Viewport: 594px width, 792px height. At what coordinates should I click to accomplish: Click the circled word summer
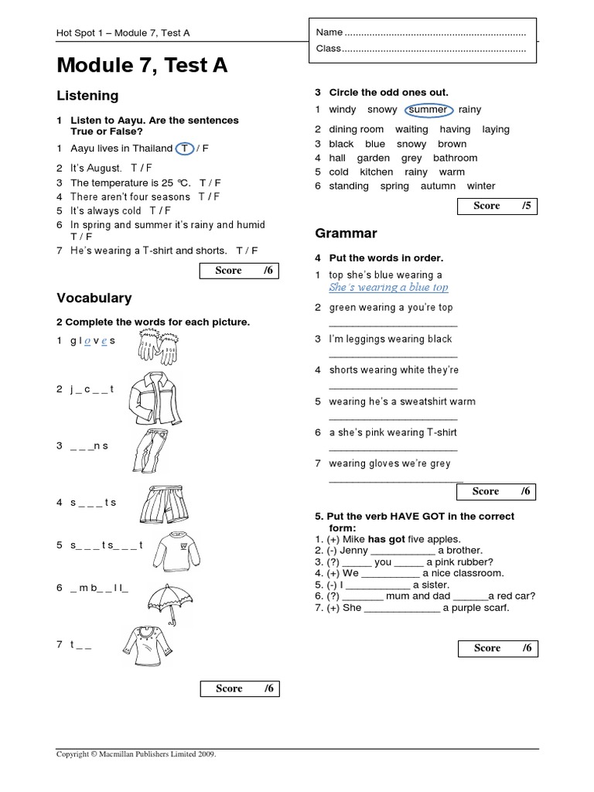pos(428,110)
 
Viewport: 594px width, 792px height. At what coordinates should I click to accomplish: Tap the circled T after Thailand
pos(184,148)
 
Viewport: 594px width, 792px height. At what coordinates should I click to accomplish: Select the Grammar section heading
pos(346,233)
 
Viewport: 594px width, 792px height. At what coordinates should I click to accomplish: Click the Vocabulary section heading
pos(94,298)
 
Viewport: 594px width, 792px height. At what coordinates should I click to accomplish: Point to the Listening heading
pos(87,96)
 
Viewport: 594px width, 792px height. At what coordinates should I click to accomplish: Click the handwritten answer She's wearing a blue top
pos(388,287)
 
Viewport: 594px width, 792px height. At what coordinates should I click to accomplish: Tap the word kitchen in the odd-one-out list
pos(377,172)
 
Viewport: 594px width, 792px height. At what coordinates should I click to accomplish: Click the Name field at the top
pos(422,32)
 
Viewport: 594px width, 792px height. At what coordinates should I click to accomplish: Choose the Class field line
pos(422,49)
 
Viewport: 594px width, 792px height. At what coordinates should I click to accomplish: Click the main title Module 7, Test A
pos(142,67)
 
